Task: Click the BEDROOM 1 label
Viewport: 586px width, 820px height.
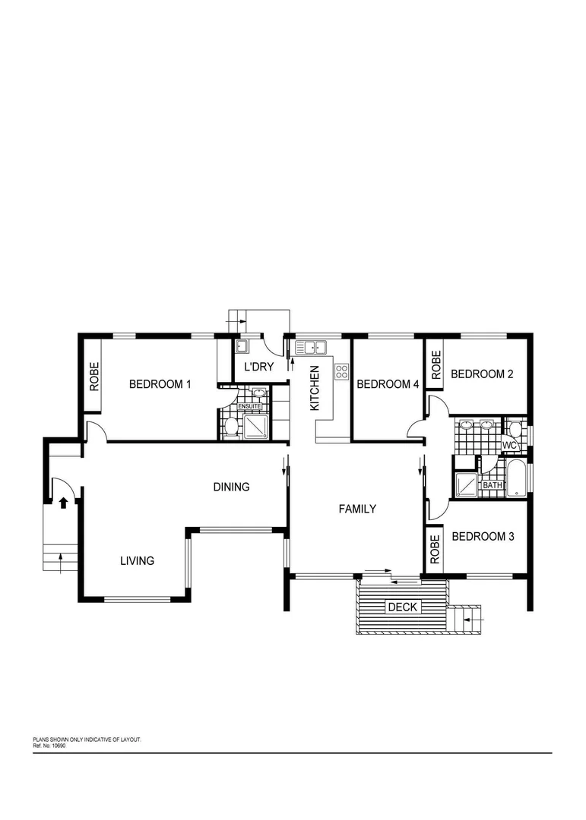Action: pyautogui.click(x=160, y=384)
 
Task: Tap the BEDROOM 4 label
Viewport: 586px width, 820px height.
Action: pyautogui.click(x=388, y=384)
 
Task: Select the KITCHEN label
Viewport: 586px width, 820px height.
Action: pyautogui.click(x=315, y=388)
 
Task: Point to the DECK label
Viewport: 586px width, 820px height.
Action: pyautogui.click(x=402, y=607)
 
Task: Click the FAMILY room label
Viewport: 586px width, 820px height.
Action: pyautogui.click(x=357, y=509)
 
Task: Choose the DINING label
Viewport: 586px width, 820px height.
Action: pyautogui.click(x=231, y=487)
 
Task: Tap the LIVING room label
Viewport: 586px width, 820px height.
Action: pyautogui.click(x=137, y=561)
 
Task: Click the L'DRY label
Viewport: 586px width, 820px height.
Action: pyautogui.click(x=258, y=367)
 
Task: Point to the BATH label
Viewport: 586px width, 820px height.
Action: pyautogui.click(x=493, y=485)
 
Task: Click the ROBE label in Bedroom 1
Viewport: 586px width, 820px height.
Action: pyautogui.click(x=95, y=376)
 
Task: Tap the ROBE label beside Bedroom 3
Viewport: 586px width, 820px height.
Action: pyautogui.click(x=435, y=549)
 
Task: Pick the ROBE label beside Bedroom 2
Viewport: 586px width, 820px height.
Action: pyautogui.click(x=436, y=365)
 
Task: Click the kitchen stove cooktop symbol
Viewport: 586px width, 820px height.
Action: pyautogui.click(x=341, y=372)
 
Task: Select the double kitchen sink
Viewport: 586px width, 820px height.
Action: pyautogui.click(x=311, y=348)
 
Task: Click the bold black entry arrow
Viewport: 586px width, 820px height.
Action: pyautogui.click(x=64, y=502)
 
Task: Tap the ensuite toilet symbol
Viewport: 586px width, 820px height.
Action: pyautogui.click(x=231, y=427)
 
